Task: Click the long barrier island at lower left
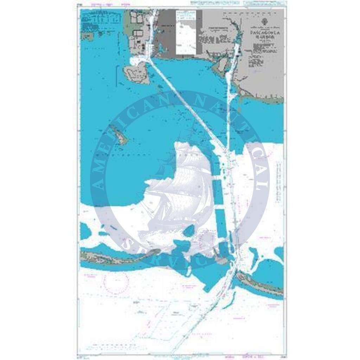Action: [116, 257]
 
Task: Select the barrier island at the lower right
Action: [260, 283]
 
